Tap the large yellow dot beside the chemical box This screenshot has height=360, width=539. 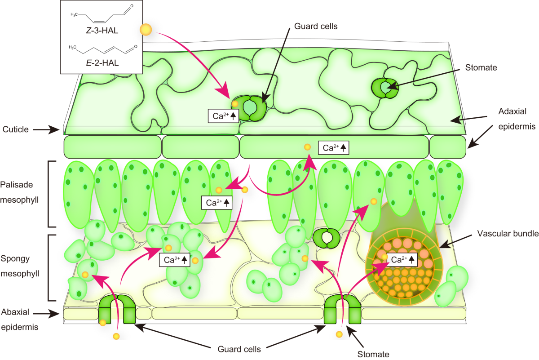[x=146, y=30]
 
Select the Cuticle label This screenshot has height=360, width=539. [x=17, y=129]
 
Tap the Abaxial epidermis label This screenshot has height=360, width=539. [x=19, y=319]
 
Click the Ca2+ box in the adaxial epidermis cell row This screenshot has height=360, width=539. [x=333, y=147]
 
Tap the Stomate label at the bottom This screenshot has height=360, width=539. [x=373, y=354]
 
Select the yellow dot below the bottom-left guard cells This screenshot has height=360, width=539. [x=116, y=336]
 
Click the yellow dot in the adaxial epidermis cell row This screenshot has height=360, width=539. [x=307, y=147]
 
